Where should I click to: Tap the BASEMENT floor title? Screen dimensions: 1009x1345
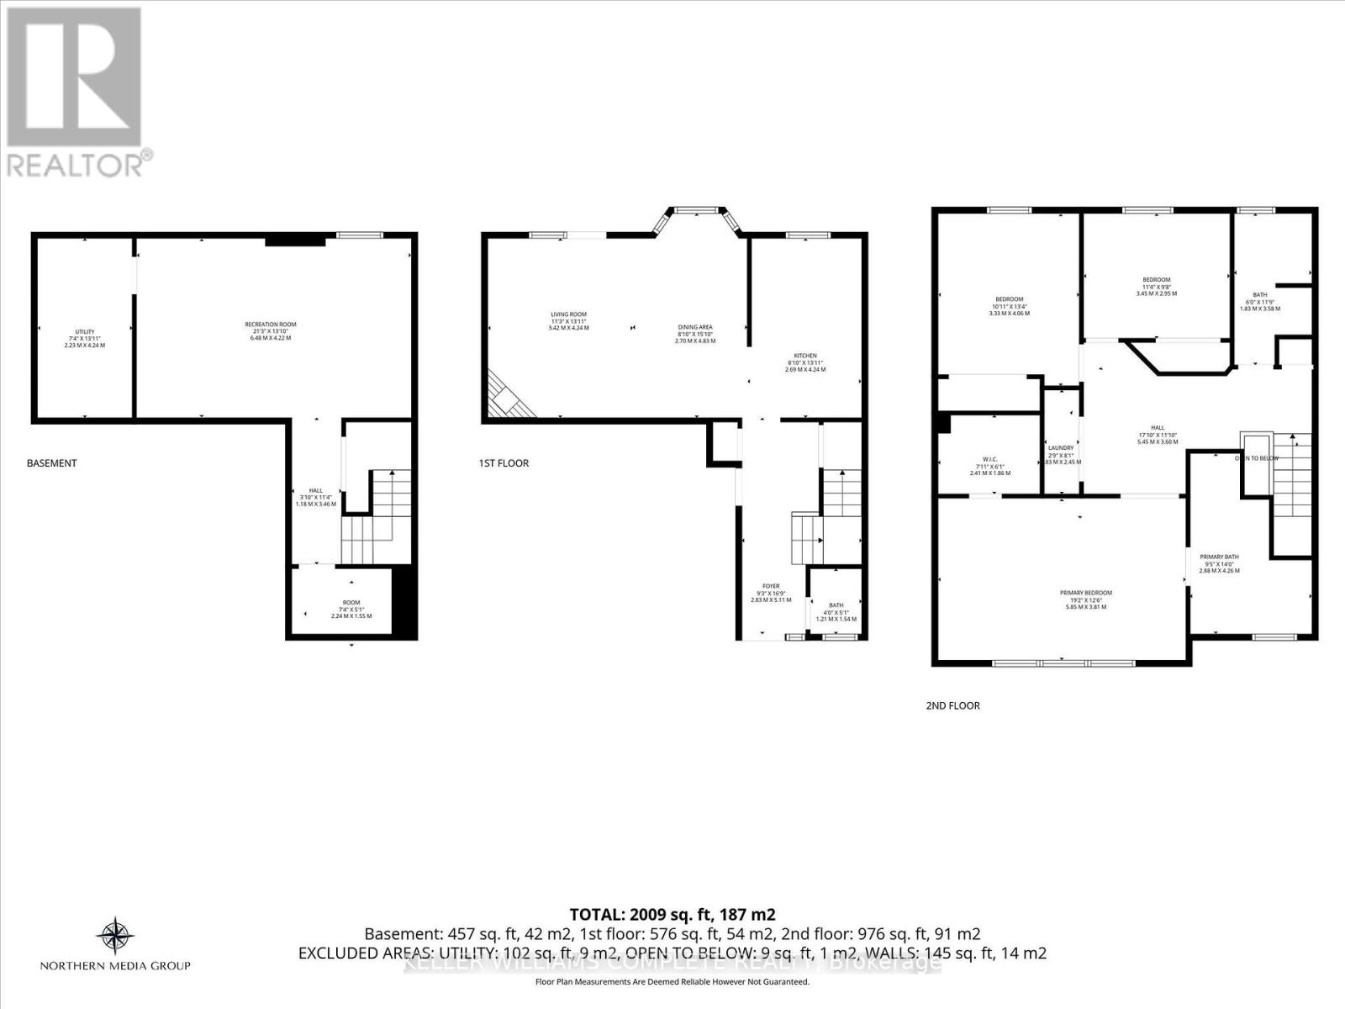click(x=51, y=463)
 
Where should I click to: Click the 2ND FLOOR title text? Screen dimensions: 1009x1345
click(x=952, y=705)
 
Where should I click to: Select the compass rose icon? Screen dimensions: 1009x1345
click(x=115, y=935)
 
